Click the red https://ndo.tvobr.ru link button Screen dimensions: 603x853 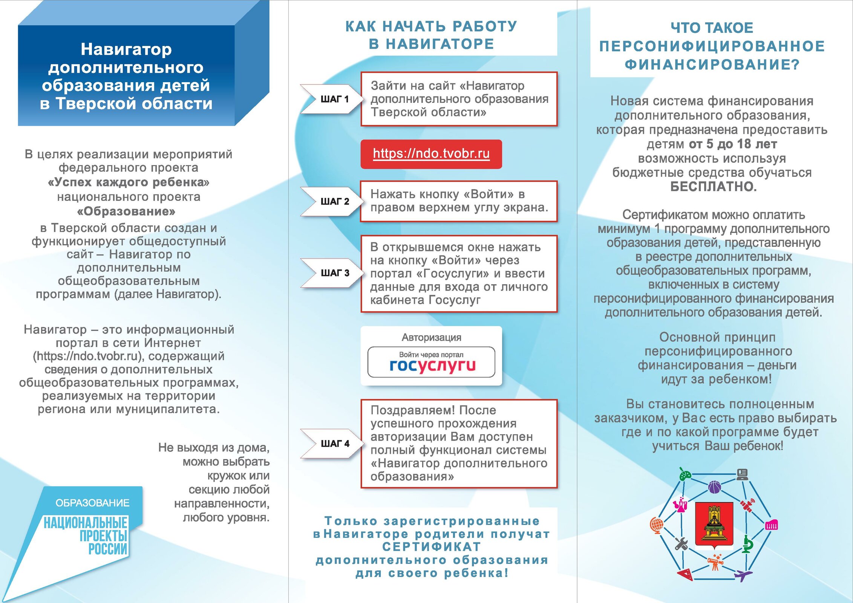(431, 154)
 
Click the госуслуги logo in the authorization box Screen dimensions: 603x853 (432, 365)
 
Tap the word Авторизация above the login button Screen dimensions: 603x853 (431, 337)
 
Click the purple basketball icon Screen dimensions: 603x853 (714, 487)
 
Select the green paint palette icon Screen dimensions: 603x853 (685, 474)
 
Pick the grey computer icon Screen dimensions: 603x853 (742, 474)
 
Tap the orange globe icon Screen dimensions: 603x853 (657, 525)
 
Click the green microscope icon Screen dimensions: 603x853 (747, 544)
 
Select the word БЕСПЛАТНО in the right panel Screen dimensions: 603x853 (713, 187)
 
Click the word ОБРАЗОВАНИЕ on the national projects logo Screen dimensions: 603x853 (92, 503)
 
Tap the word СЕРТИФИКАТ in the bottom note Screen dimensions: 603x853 (431, 547)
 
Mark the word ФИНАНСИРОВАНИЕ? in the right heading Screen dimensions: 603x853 (712, 64)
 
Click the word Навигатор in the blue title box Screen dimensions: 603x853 (126, 49)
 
